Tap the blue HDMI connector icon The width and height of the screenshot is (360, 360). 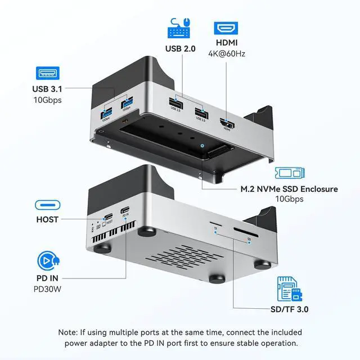click(x=225, y=28)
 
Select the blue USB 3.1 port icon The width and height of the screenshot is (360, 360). click(x=47, y=73)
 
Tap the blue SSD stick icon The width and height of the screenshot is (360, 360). click(x=289, y=173)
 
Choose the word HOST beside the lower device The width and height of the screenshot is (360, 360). click(x=47, y=219)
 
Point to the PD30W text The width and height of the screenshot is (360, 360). click(x=47, y=290)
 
